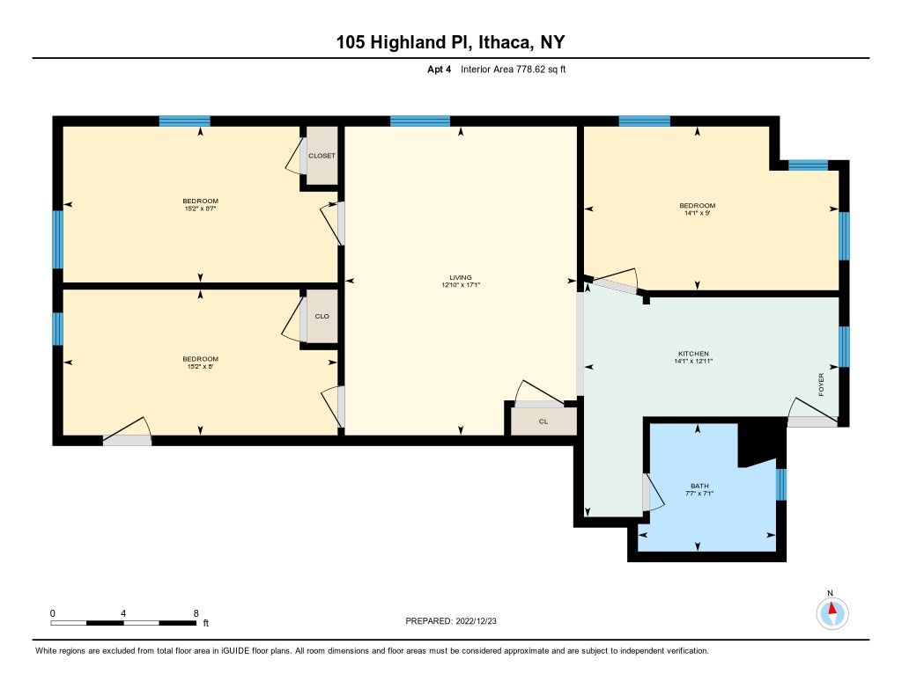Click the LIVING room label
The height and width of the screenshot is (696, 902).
coord(462,277)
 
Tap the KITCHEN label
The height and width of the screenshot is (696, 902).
coord(693,354)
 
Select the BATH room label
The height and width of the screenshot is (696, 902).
coord(699,486)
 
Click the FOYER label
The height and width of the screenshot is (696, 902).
coord(821,385)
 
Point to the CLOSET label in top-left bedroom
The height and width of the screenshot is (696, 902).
coord(322,156)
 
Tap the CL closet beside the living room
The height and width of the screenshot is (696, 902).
coord(543,421)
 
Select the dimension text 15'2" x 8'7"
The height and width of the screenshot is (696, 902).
coord(200,209)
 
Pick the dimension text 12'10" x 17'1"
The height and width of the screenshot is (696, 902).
coord(462,285)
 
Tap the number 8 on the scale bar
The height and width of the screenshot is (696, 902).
coord(196,612)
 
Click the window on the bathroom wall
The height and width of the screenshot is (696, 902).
coord(780,485)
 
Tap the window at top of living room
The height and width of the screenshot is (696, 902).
coord(420,121)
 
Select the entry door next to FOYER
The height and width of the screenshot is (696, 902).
coord(811,420)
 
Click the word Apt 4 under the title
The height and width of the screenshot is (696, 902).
coord(439,69)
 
